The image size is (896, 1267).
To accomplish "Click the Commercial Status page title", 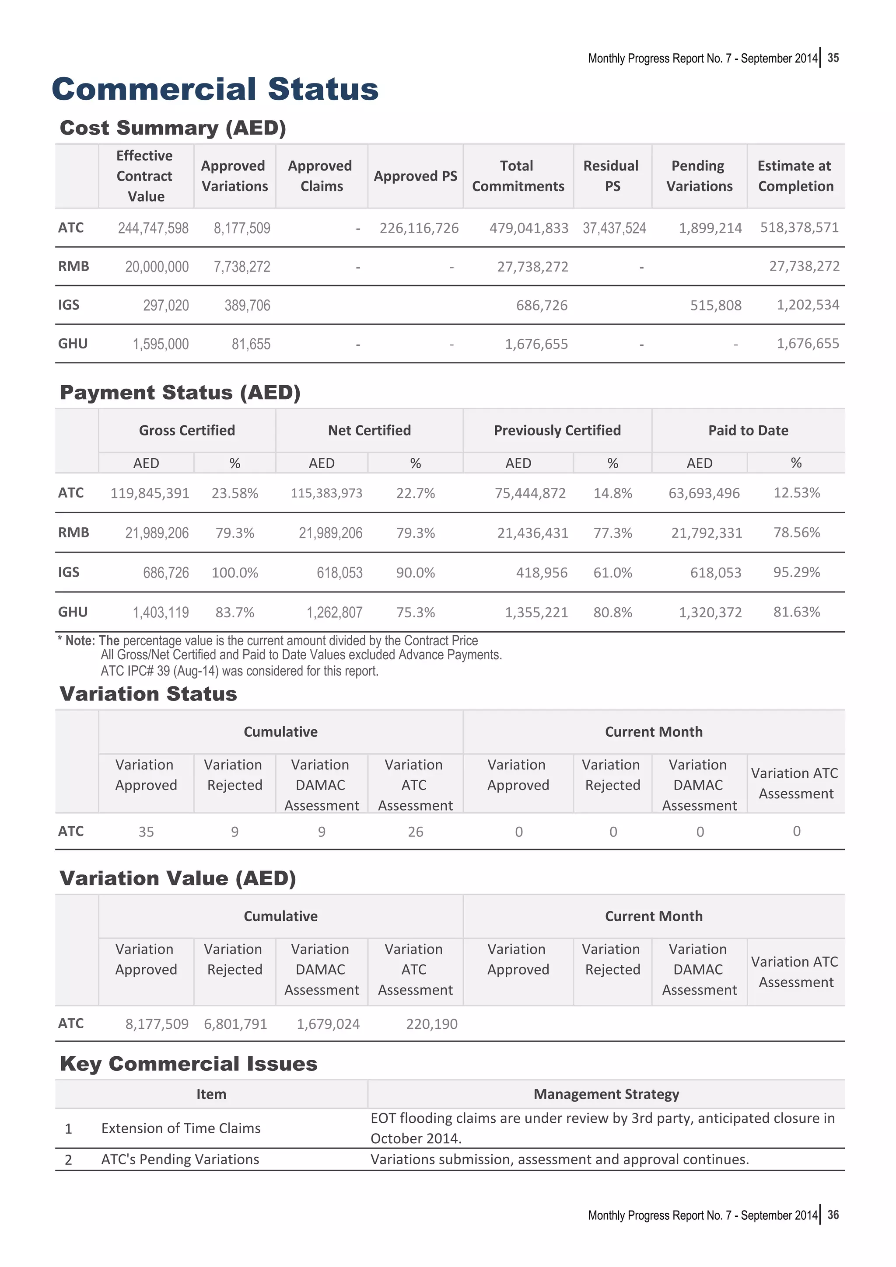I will [x=215, y=89].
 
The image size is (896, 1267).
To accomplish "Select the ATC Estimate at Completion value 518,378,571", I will [x=799, y=228].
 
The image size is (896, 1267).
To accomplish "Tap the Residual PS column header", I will [x=611, y=176].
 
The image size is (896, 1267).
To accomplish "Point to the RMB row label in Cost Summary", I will [x=73, y=267].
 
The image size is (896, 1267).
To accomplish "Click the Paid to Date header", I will [x=748, y=431].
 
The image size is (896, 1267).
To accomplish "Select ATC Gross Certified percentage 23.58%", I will [x=234, y=493].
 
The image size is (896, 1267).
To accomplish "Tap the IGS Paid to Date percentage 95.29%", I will [x=796, y=572].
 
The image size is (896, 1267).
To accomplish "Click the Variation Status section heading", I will [x=148, y=694].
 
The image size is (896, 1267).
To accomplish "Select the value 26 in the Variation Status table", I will [x=415, y=832].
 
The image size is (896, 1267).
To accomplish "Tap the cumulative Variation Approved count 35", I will [x=146, y=832].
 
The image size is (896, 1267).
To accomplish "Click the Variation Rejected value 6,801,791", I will [x=235, y=1024].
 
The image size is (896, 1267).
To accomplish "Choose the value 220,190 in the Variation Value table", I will [x=432, y=1024].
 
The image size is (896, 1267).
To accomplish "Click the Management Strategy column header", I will [x=605, y=1094].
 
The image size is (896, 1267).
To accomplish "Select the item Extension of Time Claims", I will [x=181, y=1128].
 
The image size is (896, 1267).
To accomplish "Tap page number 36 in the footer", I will [x=833, y=1215].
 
